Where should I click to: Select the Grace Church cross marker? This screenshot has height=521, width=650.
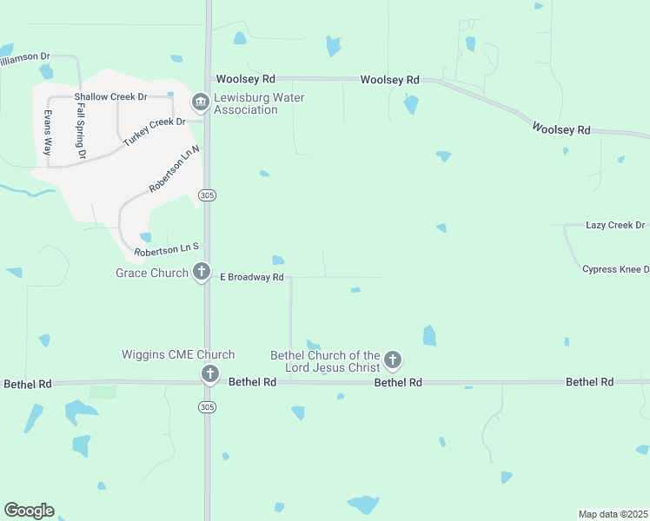tap(201, 273)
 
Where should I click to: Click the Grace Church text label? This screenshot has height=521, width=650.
tap(152, 273)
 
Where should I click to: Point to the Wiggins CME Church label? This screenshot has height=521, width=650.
tap(178, 354)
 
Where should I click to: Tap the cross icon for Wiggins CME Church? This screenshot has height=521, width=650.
tap(209, 374)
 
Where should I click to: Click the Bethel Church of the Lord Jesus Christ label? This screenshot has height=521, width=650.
tap(325, 361)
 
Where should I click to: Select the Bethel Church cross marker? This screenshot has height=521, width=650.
tap(393, 359)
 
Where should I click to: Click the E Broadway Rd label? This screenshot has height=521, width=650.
tap(252, 277)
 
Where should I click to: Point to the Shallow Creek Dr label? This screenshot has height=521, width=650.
tap(110, 96)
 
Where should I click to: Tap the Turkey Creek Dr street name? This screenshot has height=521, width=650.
tap(156, 131)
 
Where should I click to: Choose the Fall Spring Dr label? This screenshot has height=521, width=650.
tap(81, 131)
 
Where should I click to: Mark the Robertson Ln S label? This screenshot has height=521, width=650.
tap(167, 249)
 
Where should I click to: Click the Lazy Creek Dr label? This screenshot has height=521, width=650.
tap(615, 225)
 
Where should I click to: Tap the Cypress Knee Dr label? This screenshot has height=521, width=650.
tap(615, 269)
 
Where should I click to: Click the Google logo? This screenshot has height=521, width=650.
tap(29, 511)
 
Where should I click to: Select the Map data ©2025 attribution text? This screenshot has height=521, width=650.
tap(613, 514)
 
